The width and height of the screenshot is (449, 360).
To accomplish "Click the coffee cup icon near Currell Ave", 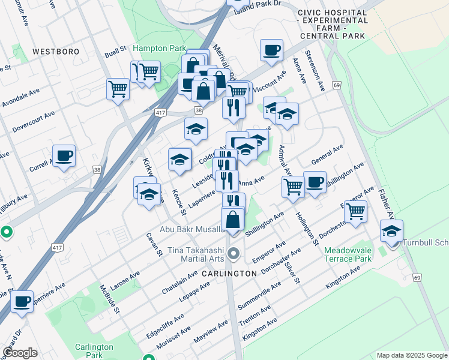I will [64, 156].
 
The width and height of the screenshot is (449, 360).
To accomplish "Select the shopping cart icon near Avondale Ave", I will [118, 89].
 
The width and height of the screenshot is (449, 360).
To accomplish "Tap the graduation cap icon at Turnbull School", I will [391, 231].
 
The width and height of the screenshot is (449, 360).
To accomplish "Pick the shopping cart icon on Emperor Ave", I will [356, 211].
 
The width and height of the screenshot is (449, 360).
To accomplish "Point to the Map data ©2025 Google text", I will [412, 355].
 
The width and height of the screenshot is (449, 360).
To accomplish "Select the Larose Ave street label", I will [124, 280].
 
